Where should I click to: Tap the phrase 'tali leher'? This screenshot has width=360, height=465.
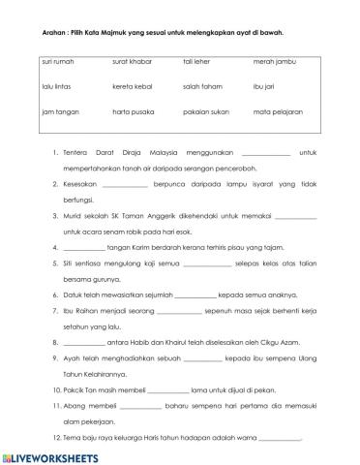(x=197, y=60)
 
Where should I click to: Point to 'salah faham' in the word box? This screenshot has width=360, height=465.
(x=201, y=86)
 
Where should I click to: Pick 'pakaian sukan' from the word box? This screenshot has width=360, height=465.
(x=204, y=111)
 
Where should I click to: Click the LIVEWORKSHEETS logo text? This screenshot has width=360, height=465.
(x=55, y=455)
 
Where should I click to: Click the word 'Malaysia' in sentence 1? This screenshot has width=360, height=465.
(x=195, y=152)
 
